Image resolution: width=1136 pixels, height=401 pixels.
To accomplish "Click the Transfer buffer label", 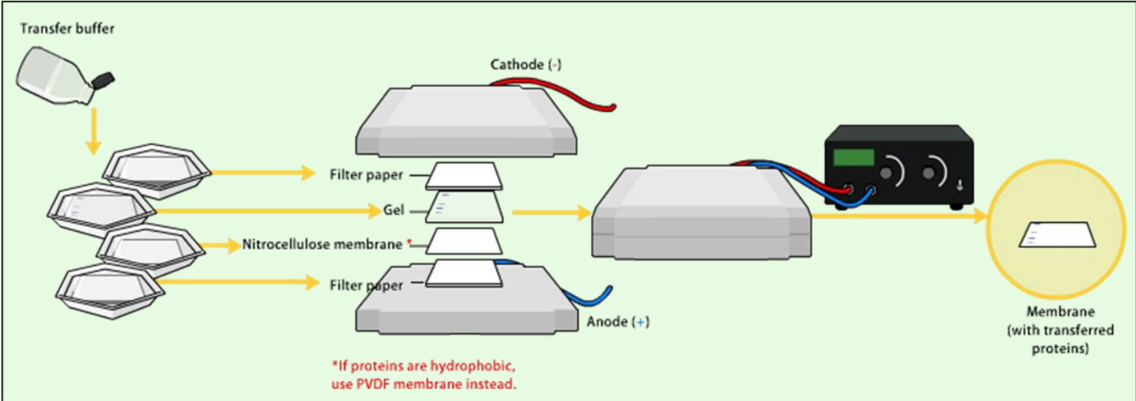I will pyautogui.click(x=68, y=29).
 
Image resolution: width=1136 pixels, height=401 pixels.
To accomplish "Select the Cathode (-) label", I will pyautogui.click(x=526, y=65).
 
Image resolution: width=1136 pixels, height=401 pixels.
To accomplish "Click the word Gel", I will pyautogui.click(x=394, y=210).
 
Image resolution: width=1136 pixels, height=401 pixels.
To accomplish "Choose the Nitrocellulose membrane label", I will pyautogui.click(x=322, y=244).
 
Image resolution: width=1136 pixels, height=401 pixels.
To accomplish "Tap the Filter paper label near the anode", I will pyautogui.click(x=366, y=285).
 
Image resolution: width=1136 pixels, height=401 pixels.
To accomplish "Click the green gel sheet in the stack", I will pyautogui.click(x=465, y=206).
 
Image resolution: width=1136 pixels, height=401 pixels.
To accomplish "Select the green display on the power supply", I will pyautogui.click(x=854, y=157).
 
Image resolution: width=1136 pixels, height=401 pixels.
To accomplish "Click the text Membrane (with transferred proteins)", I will pyautogui.click(x=1056, y=330).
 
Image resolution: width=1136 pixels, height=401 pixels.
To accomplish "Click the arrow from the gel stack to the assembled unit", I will pyautogui.click(x=551, y=213).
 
